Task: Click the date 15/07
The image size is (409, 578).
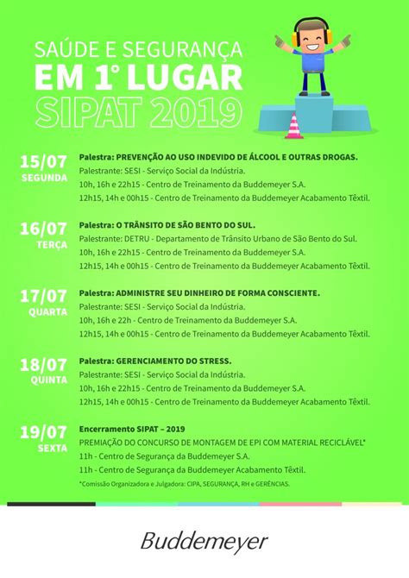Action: pyautogui.click(x=43, y=161)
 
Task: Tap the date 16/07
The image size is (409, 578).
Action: pyautogui.click(x=43, y=229)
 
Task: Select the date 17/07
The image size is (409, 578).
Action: pyautogui.click(x=43, y=296)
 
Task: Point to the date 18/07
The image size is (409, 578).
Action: pyautogui.click(x=43, y=364)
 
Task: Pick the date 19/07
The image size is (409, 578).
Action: pyautogui.click(x=43, y=431)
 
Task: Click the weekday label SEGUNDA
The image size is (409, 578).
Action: pyautogui.click(x=44, y=178)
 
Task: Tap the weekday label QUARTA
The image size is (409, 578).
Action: pyautogui.click(x=47, y=312)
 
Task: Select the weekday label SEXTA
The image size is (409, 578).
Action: pyautogui.click(x=52, y=448)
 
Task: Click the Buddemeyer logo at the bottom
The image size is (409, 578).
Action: pyautogui.click(x=204, y=542)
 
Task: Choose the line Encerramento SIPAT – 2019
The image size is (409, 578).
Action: pyautogui.click(x=132, y=428)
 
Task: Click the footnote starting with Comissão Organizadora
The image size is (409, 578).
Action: pyautogui.click(x=186, y=483)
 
